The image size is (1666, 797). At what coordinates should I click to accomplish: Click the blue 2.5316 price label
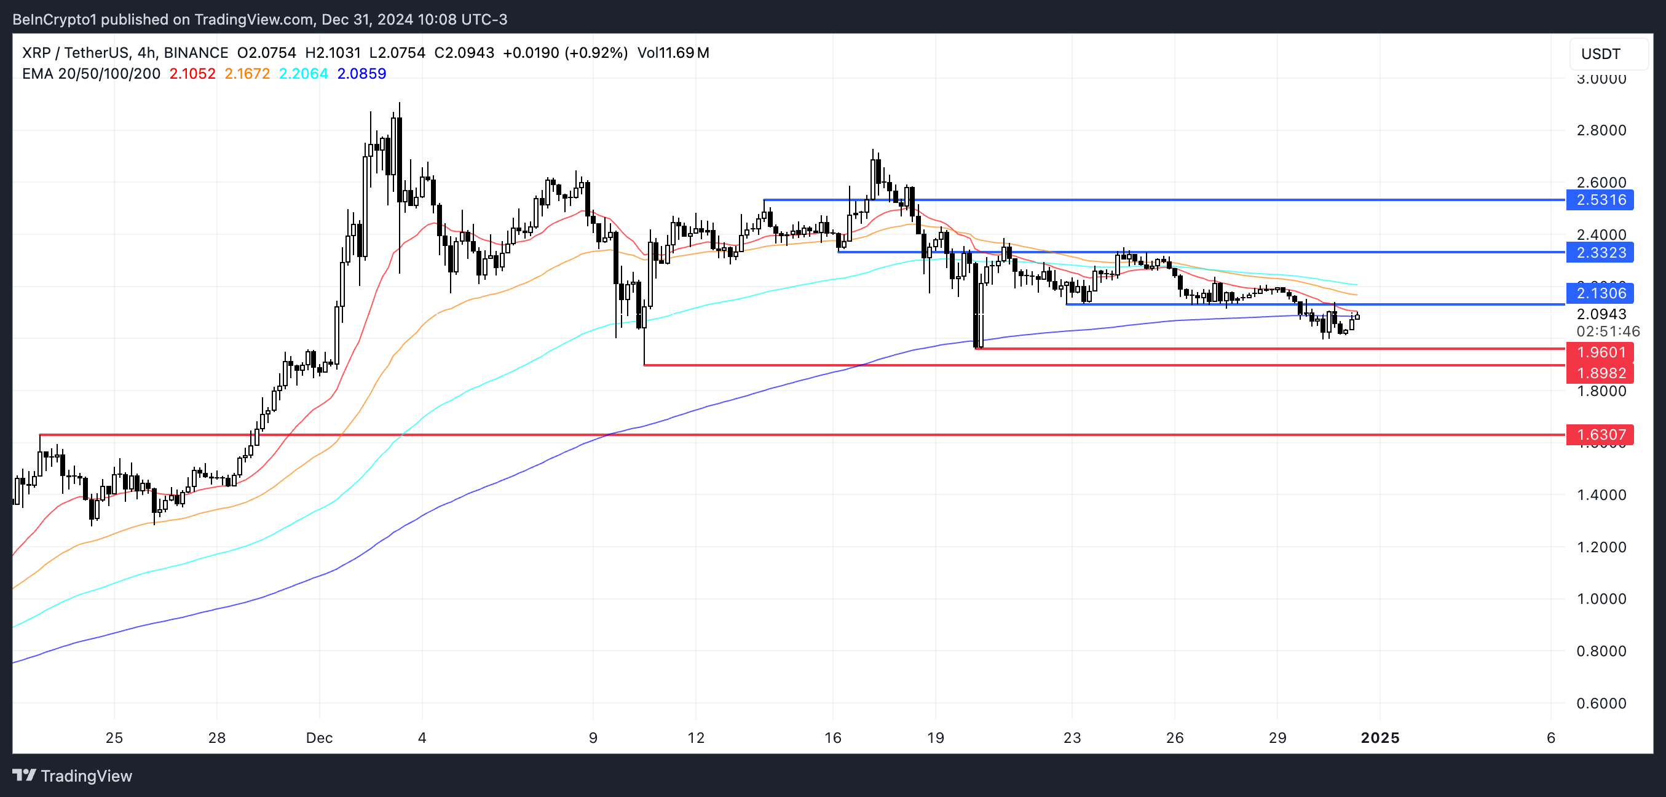(x=1600, y=200)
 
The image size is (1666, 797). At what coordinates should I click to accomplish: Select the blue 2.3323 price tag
(x=1600, y=252)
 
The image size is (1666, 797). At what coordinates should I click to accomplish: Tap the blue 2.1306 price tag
(x=1600, y=293)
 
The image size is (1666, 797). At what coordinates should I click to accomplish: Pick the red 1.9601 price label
(x=1600, y=352)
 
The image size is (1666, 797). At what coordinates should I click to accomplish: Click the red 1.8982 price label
(x=1600, y=373)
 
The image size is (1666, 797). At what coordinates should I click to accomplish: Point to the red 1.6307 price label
(x=1600, y=435)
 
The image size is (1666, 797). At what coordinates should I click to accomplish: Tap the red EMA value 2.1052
(x=192, y=74)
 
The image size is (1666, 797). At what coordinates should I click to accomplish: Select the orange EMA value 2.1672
(x=247, y=74)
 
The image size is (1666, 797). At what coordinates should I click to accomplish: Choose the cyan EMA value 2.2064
(x=303, y=74)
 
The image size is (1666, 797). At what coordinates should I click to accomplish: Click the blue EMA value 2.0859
(x=361, y=74)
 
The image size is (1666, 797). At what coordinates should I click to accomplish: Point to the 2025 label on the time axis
(x=1380, y=738)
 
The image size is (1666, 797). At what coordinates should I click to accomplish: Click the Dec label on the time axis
(x=319, y=738)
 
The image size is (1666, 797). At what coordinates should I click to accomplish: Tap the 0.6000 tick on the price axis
(x=1601, y=703)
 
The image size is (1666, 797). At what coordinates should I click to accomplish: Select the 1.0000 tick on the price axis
(x=1601, y=599)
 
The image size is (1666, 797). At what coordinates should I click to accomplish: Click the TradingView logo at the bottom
(x=73, y=775)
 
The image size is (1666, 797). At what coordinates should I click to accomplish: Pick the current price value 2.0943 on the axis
(x=1601, y=314)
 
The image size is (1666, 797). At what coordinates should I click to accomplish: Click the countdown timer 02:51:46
(x=1607, y=332)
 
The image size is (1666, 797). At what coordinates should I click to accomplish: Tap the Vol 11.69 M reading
(x=673, y=53)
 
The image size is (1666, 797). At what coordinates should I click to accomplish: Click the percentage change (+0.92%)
(x=596, y=53)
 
